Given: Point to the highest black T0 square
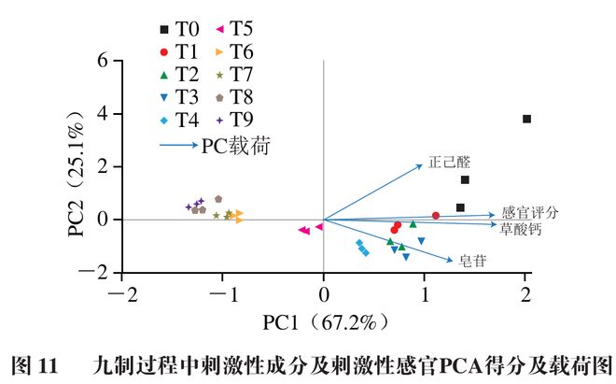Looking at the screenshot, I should (526, 119).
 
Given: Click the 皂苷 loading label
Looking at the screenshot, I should (471, 263).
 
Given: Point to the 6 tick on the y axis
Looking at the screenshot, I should (104, 62).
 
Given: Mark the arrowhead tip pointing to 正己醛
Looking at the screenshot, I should (423, 165).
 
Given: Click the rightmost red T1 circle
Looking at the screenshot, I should (436, 216).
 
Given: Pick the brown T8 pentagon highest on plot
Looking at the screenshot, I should (218, 199).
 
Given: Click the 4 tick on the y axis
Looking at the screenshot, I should (104, 114).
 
